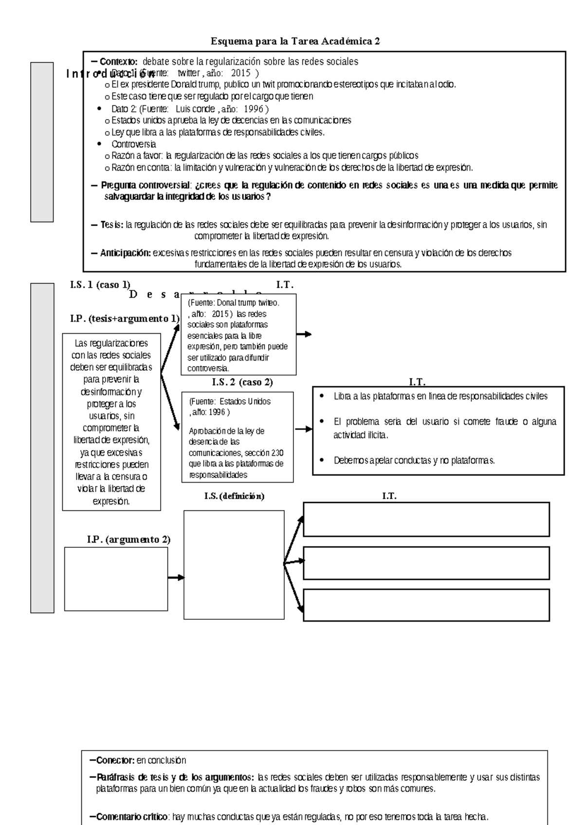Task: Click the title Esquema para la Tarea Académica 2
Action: pos(295,41)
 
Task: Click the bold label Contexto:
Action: pos(119,62)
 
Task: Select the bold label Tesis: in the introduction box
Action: pos(112,225)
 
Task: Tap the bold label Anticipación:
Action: pos(125,253)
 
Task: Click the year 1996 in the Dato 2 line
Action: pos(254,108)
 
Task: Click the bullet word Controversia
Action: pos(133,144)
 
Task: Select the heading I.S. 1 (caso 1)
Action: pos(100,285)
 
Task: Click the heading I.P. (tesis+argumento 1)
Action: pos(125,319)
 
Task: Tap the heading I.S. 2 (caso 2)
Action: pos(242,382)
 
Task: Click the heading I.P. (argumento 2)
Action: pos(128,539)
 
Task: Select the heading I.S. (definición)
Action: pos(234,496)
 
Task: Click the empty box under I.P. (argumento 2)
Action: pos(116,579)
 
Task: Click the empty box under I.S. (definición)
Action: pos(234,565)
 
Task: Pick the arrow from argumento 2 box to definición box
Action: pos(176,577)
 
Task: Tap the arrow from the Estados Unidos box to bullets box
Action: pos(303,429)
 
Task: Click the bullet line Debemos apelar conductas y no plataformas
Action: pos(414,460)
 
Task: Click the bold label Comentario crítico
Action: pos(132,817)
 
